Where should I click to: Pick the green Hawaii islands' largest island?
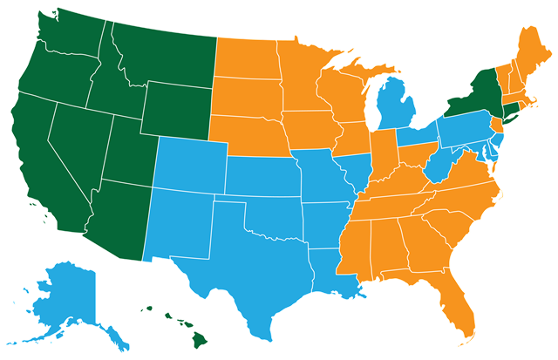click(x=200, y=332)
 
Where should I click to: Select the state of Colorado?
click(x=187, y=162)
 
